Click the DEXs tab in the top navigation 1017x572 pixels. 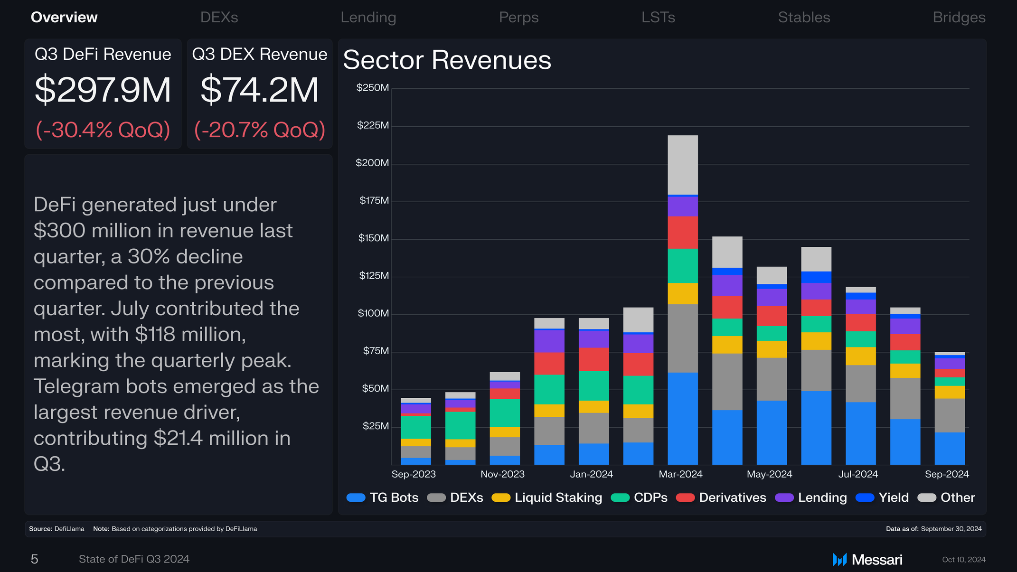tap(219, 18)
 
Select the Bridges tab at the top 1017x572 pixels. tap(959, 18)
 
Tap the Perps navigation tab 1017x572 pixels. tap(518, 18)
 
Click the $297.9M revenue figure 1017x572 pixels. tap(103, 90)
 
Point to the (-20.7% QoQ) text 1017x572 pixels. tap(260, 130)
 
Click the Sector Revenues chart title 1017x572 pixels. tap(447, 60)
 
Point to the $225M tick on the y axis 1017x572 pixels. tap(373, 125)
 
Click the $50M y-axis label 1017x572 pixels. tap(375, 388)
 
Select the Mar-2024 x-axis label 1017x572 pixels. tap(680, 474)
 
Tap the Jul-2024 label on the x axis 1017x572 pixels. tap(858, 474)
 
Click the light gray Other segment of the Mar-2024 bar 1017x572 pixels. tap(683, 165)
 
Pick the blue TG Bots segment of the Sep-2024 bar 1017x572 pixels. tap(950, 449)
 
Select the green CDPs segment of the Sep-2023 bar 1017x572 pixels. tap(416, 427)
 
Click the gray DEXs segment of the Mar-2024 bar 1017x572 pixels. tap(683, 338)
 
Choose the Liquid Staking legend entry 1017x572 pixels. tap(546, 497)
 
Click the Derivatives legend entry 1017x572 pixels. tap(721, 497)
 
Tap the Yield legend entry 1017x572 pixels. tap(882, 497)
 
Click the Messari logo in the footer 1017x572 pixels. tap(867, 560)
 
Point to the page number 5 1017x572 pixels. tap(34, 559)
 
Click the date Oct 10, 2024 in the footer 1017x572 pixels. tap(964, 560)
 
